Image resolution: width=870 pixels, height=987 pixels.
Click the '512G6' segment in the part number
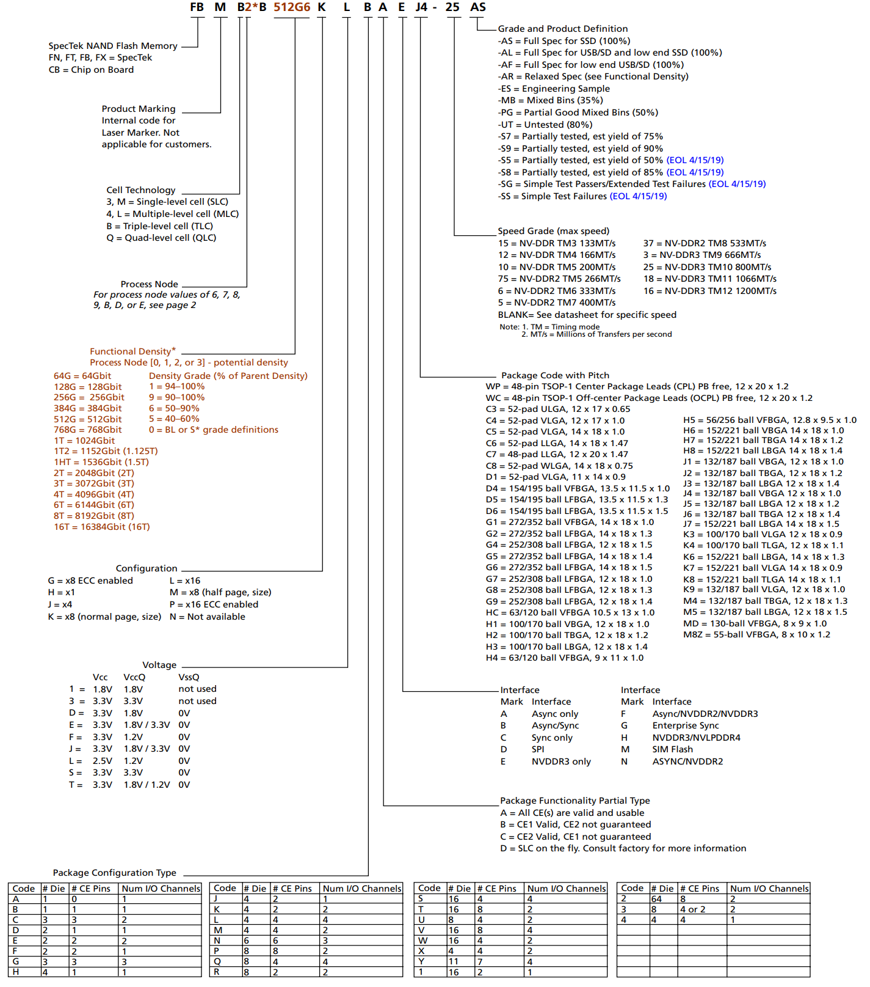[292, 7]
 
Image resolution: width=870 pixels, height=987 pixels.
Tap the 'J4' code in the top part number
[421, 7]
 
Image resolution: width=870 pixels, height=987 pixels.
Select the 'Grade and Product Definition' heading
[562, 29]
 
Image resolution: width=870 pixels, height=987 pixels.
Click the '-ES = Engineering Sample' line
[554, 89]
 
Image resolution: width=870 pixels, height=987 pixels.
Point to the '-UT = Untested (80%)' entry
[545, 125]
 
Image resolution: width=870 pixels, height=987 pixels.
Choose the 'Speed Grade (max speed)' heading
[553, 231]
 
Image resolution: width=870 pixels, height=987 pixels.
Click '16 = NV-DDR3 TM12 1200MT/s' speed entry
[709, 291]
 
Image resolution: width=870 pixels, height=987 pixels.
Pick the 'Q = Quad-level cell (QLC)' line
[161, 238]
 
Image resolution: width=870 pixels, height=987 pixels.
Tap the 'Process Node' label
[149, 284]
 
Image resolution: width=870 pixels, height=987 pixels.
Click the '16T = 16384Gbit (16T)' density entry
[101, 527]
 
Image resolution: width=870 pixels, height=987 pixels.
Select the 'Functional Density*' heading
[132, 351]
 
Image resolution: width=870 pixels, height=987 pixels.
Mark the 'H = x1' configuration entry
[61, 592]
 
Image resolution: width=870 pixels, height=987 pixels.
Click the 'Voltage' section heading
[159, 665]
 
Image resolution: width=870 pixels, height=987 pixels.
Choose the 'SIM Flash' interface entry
[672, 749]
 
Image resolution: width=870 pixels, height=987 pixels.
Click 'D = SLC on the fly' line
[623, 848]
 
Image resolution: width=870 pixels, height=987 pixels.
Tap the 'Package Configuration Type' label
[114, 873]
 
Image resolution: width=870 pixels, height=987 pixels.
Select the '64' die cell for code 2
[656, 899]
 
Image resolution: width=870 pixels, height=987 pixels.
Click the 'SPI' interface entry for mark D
[538, 749]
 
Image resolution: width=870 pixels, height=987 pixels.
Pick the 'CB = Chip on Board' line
[91, 70]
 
